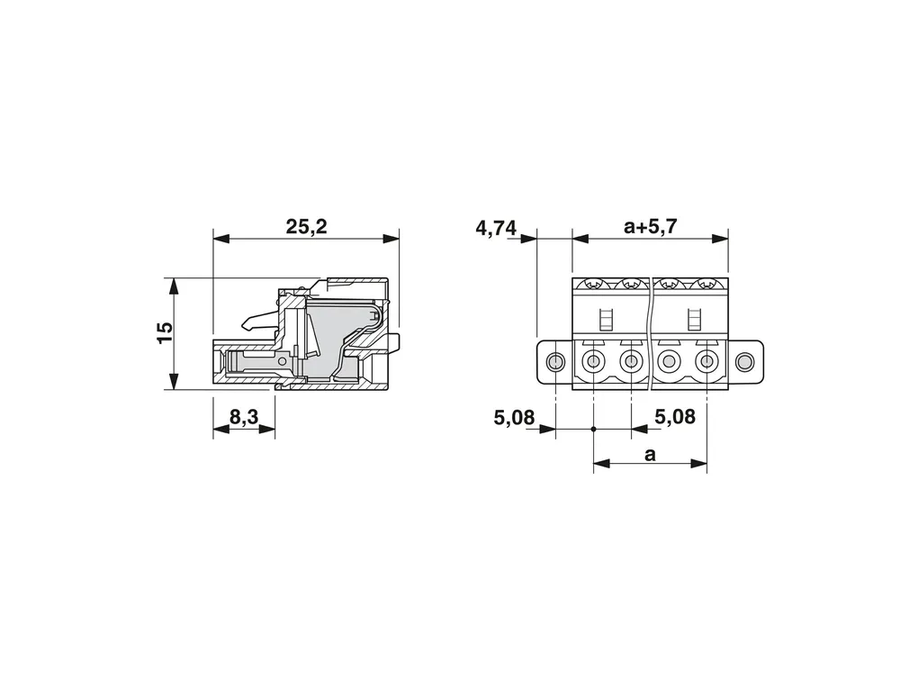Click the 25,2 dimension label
coord(306,226)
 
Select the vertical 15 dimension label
coord(166,332)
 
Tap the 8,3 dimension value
coord(244,417)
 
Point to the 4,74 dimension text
coord(496,228)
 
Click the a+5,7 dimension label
coord(651,226)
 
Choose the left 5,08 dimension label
coord(514,418)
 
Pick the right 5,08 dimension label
coord(675,417)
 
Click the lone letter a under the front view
coord(650,455)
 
